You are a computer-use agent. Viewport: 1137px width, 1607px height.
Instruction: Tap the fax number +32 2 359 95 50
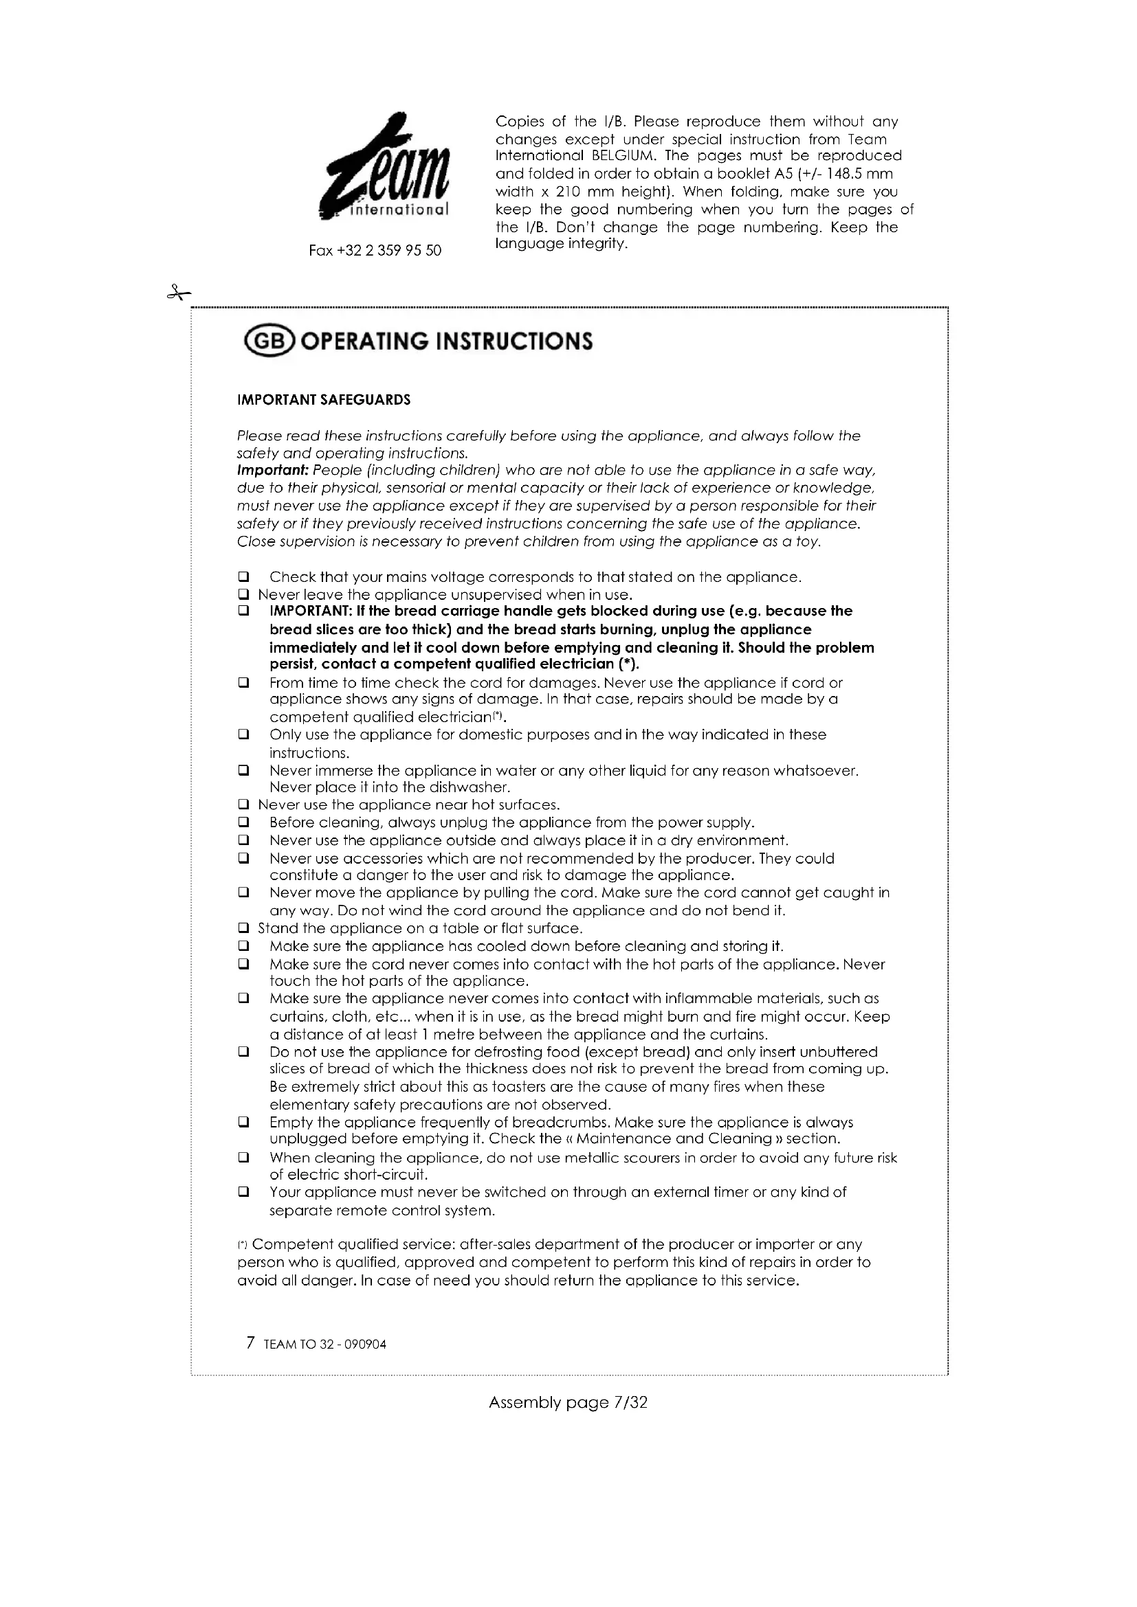pos(375,251)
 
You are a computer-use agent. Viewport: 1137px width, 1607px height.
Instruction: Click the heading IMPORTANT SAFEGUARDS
pos(324,401)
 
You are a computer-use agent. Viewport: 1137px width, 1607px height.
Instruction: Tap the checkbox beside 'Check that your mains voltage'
pos(243,577)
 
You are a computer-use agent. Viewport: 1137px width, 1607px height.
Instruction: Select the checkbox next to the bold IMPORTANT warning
pos(243,611)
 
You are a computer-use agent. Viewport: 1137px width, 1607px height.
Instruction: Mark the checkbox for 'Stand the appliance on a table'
pos(243,929)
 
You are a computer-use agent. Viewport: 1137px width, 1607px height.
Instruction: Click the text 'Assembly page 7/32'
pos(568,1403)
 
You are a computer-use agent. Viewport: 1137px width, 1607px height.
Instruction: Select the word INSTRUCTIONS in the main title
pos(514,341)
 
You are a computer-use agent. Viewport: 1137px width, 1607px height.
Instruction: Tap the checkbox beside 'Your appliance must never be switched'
pos(243,1191)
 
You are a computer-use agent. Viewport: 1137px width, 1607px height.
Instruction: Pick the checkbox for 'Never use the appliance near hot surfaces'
pos(243,805)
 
